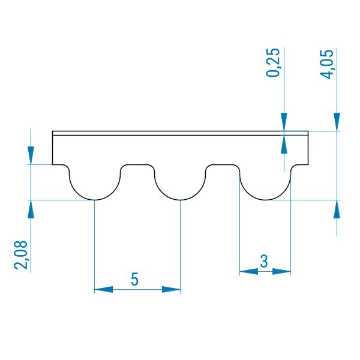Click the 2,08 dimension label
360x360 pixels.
21,255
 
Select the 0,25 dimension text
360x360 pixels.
273,62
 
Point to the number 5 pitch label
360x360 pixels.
135,279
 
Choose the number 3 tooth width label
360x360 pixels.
264,261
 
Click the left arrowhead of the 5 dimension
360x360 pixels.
104,290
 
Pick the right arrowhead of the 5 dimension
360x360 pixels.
171,290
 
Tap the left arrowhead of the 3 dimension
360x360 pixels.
248,272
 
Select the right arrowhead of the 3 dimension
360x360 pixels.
281,272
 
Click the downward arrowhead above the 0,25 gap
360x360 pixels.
284,122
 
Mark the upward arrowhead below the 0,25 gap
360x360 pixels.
284,145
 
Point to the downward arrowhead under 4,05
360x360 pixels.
337,122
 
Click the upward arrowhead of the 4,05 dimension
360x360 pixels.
337,209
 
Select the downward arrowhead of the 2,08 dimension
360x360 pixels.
31,155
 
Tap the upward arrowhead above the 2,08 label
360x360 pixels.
31,209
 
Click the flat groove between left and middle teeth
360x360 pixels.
137,164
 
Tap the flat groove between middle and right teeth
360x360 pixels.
223,164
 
